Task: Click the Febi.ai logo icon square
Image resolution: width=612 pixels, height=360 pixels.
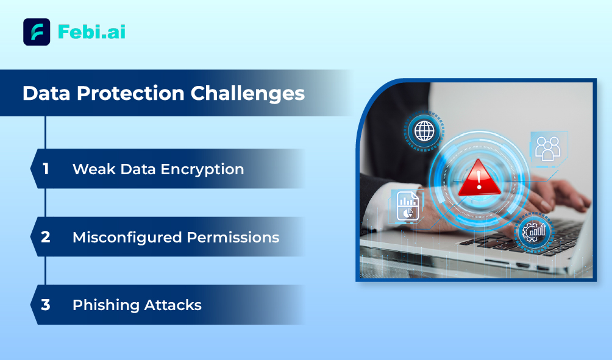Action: (37, 32)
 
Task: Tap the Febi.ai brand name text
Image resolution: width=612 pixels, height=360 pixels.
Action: (91, 32)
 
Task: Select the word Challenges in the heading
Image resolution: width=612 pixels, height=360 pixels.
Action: (247, 94)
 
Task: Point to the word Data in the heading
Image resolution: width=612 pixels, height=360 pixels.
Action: (46, 93)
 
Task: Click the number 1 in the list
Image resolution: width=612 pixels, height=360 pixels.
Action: (46, 169)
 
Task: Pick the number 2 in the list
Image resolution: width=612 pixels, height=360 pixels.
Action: (46, 237)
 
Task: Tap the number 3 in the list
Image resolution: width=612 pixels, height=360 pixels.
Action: (46, 305)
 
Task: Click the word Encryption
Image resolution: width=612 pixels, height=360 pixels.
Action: (202, 170)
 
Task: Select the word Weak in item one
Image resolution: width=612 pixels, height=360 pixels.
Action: (94, 169)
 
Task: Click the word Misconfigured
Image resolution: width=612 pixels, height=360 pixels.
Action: (127, 238)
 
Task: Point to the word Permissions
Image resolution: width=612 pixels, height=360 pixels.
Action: (233, 237)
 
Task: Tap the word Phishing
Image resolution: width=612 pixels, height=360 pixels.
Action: (105, 305)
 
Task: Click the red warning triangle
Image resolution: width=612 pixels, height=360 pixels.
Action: (479, 178)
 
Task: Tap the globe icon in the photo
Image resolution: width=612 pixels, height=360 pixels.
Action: (424, 131)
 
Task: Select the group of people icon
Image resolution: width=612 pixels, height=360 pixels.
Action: (547, 148)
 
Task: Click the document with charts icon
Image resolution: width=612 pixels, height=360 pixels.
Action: (407, 205)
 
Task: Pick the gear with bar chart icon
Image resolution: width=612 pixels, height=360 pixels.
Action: (534, 232)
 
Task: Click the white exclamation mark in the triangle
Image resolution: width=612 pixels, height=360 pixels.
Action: (479, 180)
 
